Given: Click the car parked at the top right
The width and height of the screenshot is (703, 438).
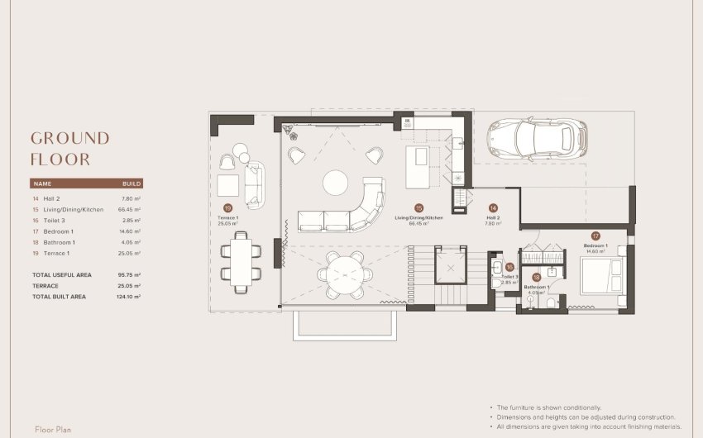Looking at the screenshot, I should pyautogui.click(x=537, y=138).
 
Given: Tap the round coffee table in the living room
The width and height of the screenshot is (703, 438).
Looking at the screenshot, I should pyautogui.click(x=337, y=183).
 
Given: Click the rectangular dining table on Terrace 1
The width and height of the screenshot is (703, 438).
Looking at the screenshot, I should pyautogui.click(x=241, y=263).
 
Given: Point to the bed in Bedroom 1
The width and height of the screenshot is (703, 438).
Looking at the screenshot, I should pyautogui.click(x=601, y=275).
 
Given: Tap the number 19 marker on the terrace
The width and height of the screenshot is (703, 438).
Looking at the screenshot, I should pyautogui.click(x=227, y=209).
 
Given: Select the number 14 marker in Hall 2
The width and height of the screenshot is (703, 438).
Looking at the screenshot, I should pyautogui.click(x=493, y=209).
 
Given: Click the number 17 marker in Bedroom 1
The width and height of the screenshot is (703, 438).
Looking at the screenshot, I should pyautogui.click(x=595, y=236).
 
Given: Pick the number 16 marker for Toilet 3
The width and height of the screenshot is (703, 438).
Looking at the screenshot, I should pyautogui.click(x=509, y=267).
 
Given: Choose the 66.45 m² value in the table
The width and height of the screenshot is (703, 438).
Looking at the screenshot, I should pyautogui.click(x=130, y=210).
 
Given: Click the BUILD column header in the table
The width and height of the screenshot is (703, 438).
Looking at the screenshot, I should pyautogui.click(x=132, y=183).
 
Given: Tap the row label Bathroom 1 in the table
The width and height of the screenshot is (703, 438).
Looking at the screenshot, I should pyautogui.click(x=59, y=242).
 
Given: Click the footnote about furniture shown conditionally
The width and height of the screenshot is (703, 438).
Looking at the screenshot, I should pyautogui.click(x=548, y=408).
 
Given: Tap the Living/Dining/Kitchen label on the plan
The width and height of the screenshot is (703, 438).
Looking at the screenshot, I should pyautogui.click(x=418, y=217).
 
